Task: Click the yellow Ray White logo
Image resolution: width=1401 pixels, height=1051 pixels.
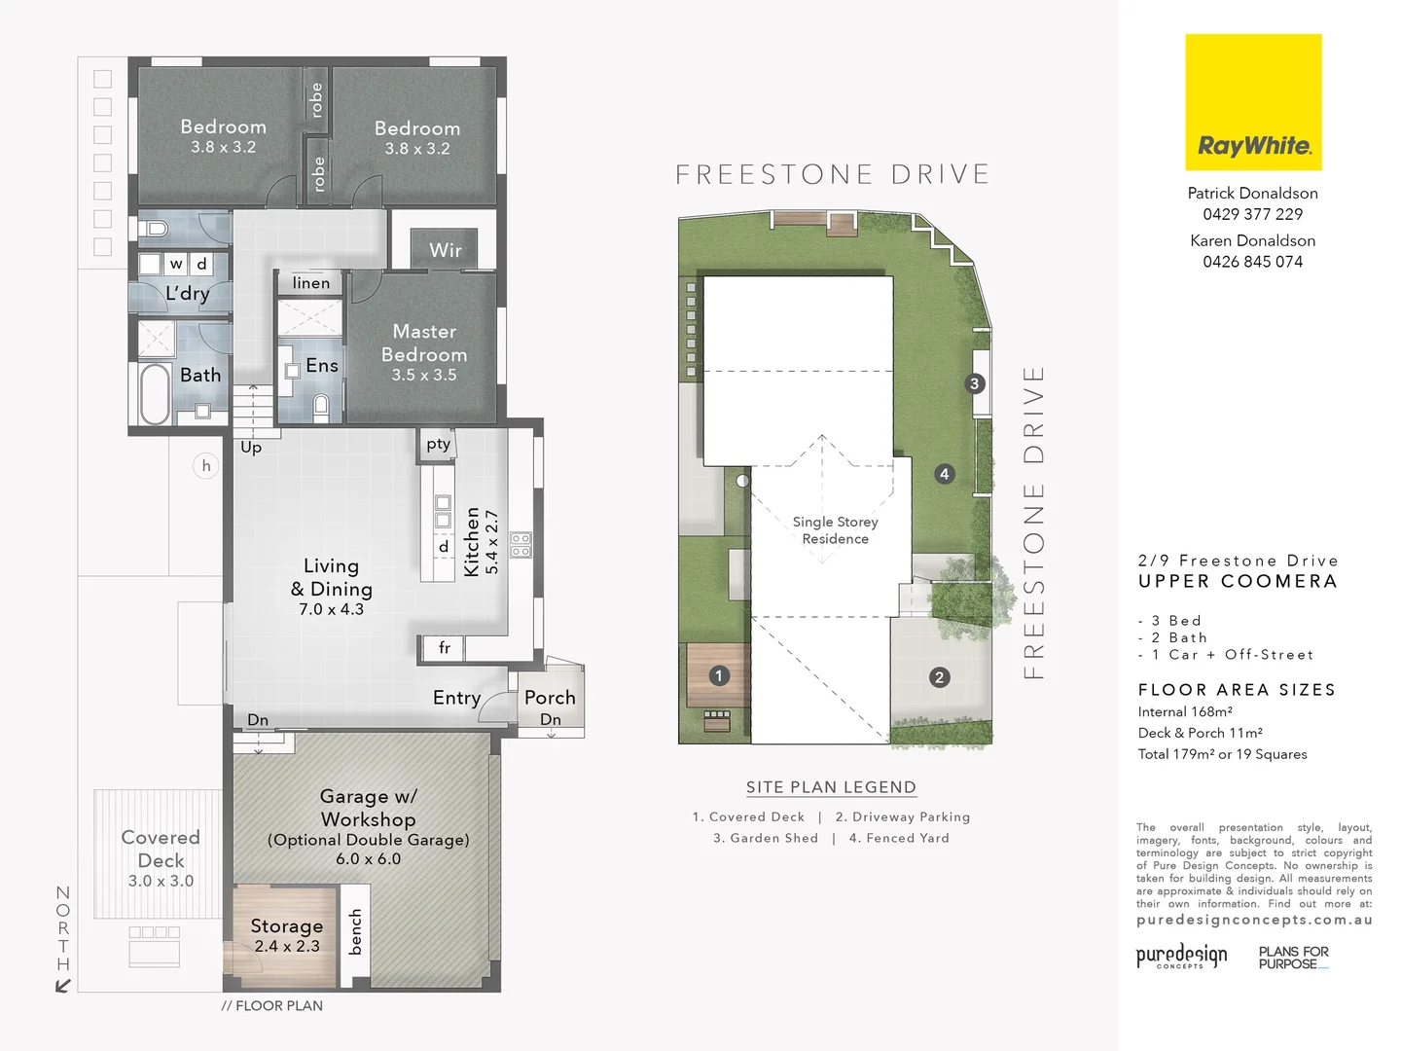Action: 1253,102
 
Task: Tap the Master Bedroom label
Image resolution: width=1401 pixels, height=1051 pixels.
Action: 424,351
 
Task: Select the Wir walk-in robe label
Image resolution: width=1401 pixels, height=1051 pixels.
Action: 446,250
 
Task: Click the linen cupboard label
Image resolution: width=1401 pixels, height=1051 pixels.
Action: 311,283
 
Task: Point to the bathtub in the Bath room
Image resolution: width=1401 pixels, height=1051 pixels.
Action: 155,394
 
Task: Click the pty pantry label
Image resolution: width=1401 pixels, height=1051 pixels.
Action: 438,444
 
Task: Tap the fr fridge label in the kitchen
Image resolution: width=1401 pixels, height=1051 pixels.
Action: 444,648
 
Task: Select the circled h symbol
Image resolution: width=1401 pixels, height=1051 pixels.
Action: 206,466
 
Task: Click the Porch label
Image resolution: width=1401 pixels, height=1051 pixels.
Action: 550,698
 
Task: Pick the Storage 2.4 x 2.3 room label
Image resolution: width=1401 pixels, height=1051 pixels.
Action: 286,935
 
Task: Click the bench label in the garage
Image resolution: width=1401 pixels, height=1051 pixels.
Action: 355,931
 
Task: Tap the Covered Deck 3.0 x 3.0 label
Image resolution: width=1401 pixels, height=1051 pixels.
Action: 161,857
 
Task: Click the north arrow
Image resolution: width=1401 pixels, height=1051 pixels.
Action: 63,985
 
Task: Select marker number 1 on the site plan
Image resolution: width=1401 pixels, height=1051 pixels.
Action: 719,675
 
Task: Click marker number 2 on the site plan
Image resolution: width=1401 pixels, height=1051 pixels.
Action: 939,677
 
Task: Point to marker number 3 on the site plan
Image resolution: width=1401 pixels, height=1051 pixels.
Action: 975,383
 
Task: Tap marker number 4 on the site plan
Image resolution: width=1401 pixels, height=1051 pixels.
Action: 944,474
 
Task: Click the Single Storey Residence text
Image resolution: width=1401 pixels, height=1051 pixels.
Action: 835,530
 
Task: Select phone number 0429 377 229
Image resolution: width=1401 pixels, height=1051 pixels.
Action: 1252,214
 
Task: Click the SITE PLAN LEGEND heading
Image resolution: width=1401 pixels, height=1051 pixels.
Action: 831,787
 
